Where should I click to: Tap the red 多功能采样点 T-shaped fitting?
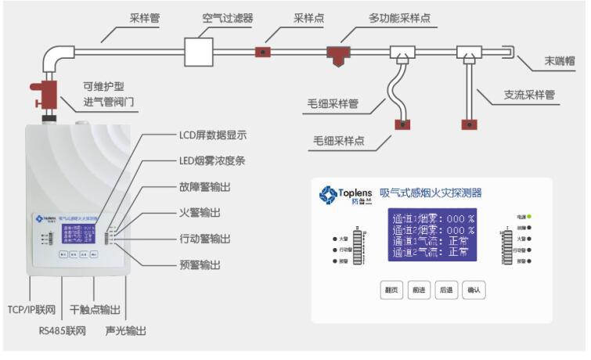pos(339,52)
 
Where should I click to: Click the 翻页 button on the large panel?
pos(391,290)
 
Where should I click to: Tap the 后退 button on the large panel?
pos(446,290)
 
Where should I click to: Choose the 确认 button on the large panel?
pos(474,290)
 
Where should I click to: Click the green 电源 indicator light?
pos(529,215)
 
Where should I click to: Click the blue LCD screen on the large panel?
pos(433,234)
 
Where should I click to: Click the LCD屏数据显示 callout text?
pos(212,135)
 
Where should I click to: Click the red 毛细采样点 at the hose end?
pos(402,124)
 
